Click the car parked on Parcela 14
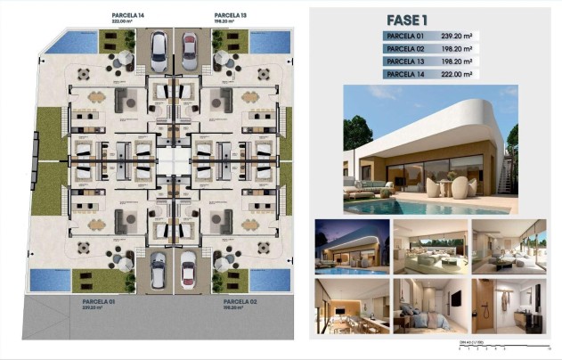coord(157,51)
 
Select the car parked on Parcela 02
coord(188,268)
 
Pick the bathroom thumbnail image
coord(496,306)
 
